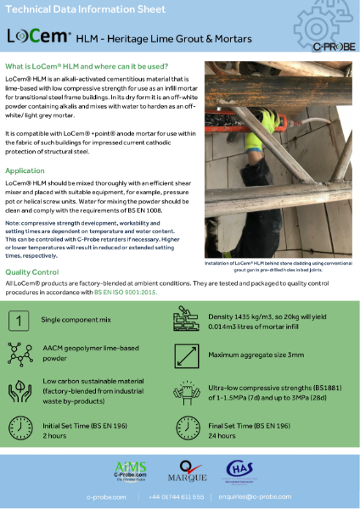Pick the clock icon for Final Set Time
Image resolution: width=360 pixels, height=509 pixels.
pos(188,427)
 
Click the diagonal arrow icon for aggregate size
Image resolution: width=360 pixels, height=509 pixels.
pos(188,355)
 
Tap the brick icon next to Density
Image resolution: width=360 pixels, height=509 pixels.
pos(188,321)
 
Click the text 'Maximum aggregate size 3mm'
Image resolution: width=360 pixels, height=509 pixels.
pos(257,355)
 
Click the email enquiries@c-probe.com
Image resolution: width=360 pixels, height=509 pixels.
pos(267,496)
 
